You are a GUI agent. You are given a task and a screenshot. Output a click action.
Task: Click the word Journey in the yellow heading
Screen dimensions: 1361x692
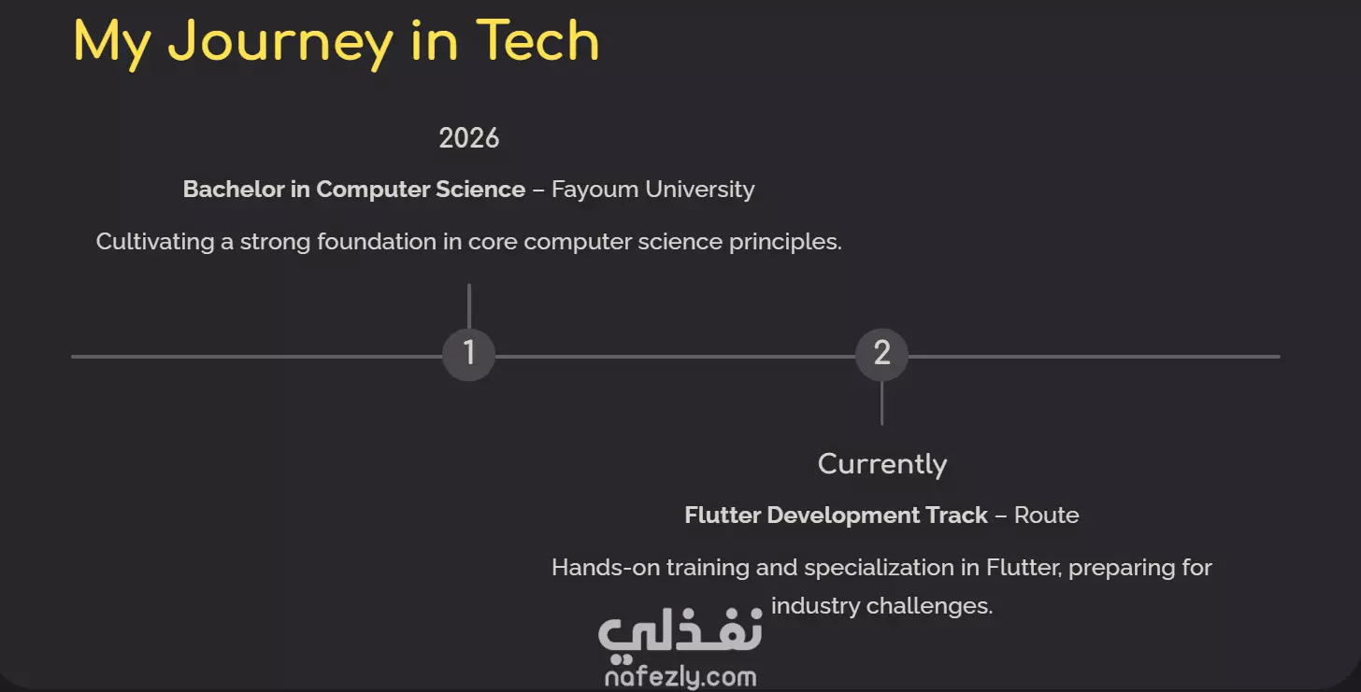(280, 44)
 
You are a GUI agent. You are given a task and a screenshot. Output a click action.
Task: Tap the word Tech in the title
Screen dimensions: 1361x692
(537, 40)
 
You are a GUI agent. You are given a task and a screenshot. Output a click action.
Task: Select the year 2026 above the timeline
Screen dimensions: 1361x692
(469, 138)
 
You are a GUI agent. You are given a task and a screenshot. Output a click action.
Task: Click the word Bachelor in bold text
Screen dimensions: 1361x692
(234, 190)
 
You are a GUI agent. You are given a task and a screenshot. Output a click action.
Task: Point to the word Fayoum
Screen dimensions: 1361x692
(595, 190)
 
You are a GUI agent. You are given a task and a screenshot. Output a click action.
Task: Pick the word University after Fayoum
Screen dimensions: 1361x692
(700, 190)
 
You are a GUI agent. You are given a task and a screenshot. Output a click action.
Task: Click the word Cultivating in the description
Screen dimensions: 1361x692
(155, 242)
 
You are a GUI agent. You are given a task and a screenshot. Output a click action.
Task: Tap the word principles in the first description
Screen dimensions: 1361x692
(785, 242)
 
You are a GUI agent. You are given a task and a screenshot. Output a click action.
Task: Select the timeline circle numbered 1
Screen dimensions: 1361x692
(468, 355)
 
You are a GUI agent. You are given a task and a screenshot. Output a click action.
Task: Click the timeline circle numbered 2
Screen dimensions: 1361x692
(881, 355)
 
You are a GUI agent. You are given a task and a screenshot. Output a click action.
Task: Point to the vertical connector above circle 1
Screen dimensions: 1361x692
(469, 306)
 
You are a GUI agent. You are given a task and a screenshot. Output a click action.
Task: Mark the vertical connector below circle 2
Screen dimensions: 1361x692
(881, 403)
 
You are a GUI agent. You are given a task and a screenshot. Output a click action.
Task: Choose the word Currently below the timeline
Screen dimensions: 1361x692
(882, 465)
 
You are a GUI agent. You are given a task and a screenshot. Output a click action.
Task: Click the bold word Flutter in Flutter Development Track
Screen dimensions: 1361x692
(723, 515)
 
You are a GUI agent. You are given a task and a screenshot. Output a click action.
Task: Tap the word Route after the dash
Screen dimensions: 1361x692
(1046, 515)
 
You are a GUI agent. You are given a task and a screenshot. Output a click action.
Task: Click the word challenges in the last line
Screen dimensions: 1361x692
(929, 606)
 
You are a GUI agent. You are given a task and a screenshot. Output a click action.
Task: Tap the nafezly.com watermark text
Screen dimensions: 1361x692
(680, 677)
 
